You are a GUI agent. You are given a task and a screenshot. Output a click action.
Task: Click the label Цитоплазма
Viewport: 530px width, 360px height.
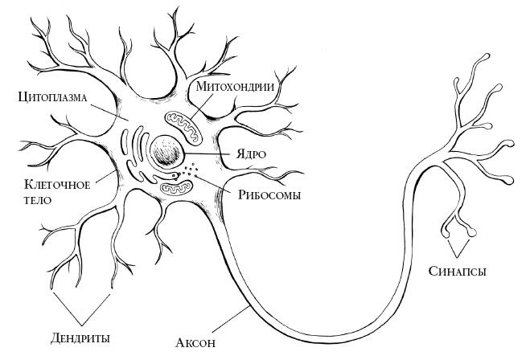pyautogui.click(x=52, y=98)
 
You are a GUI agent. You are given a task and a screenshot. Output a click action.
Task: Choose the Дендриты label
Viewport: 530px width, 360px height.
pyautogui.click(x=80, y=337)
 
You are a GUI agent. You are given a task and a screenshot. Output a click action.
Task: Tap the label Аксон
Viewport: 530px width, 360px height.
pyautogui.click(x=196, y=343)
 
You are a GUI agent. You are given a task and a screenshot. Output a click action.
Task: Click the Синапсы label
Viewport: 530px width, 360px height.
pyautogui.click(x=458, y=271)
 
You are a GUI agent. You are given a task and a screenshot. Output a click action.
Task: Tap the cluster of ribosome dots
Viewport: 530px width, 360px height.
pyautogui.click(x=190, y=170)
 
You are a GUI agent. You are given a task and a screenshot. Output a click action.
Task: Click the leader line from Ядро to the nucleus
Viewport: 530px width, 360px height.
pyautogui.click(x=209, y=153)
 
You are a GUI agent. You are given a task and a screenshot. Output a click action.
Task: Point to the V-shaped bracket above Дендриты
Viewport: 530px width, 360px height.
pyautogui.click(x=80, y=306)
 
